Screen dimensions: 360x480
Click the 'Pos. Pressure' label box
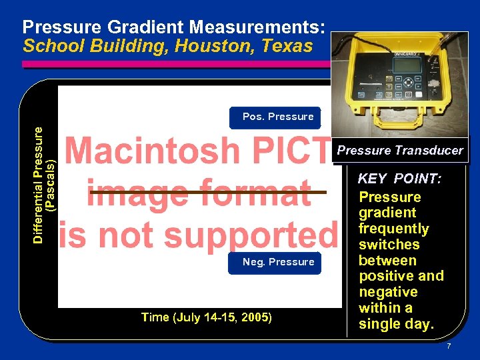[x=277, y=117]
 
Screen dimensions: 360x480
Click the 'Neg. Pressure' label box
[x=277, y=263]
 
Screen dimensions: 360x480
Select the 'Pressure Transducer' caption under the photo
[x=399, y=151]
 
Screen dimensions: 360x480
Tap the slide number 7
[x=449, y=347]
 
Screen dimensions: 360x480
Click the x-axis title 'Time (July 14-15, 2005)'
[x=206, y=317]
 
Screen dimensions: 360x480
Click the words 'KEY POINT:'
[x=399, y=179]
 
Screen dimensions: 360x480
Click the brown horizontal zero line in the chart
[x=207, y=192]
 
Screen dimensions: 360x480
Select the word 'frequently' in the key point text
[x=393, y=229]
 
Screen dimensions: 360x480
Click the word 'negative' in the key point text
[x=387, y=292]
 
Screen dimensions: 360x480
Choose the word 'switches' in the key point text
[x=389, y=245]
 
